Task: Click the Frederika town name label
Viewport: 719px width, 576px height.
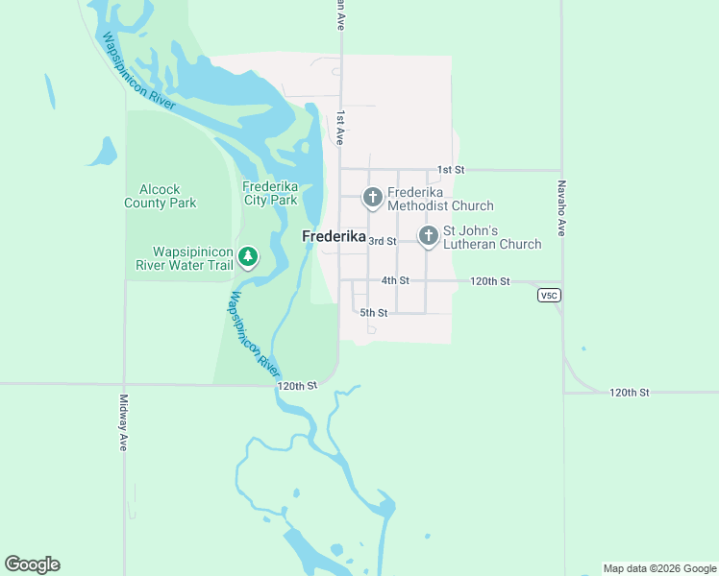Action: click(334, 236)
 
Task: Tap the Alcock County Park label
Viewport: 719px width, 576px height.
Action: click(161, 196)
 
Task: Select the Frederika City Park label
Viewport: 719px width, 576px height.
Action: click(270, 193)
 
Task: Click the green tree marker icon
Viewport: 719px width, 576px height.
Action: click(248, 255)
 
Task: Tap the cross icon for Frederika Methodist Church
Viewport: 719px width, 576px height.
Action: click(373, 198)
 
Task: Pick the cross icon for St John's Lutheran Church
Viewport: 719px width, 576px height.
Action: click(428, 235)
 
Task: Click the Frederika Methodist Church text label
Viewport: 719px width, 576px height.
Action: click(440, 199)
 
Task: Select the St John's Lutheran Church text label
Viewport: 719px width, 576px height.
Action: click(491, 237)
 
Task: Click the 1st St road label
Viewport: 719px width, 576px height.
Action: click(451, 170)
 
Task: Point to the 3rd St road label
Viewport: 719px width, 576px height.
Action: click(383, 241)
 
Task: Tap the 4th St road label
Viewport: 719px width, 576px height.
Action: click(395, 280)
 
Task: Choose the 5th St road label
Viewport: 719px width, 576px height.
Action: click(374, 313)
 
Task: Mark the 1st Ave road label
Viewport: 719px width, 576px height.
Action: click(340, 128)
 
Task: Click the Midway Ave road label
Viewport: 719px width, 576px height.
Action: click(123, 423)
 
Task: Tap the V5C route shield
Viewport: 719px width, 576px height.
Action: click(549, 296)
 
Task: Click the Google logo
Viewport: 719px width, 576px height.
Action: click(32, 564)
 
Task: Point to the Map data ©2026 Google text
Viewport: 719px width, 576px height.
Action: click(659, 568)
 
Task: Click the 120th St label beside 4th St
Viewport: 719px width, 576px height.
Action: click(490, 280)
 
